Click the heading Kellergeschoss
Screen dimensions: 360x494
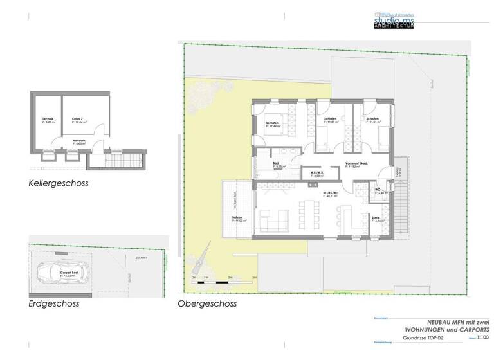point(58,183)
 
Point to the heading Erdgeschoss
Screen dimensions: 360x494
point(53,303)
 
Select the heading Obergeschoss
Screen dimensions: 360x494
point(207,303)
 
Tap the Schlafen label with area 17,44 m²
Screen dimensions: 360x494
point(272,125)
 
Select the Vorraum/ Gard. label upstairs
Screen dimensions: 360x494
point(356,165)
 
